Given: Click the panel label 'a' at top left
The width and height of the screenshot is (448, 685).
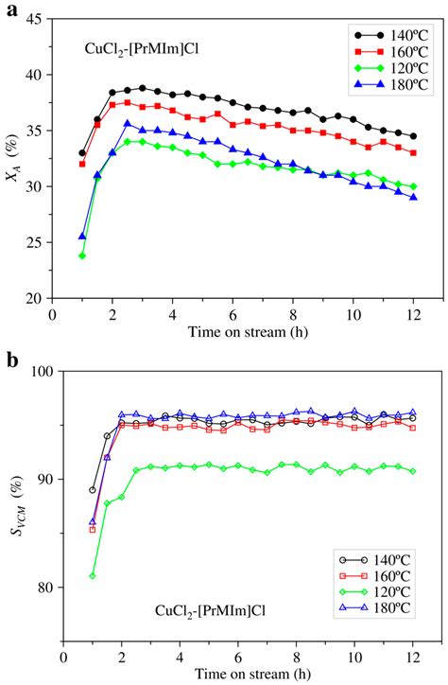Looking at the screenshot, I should click(x=11, y=12).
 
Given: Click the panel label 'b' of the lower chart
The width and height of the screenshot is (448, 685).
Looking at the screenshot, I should click(x=11, y=361).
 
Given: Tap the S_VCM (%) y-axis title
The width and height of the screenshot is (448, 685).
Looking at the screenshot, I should click(x=13, y=505).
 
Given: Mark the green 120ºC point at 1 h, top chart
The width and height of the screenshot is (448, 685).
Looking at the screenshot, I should click(x=82, y=255).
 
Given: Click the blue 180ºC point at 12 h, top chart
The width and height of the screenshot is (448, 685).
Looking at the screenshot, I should click(x=413, y=197).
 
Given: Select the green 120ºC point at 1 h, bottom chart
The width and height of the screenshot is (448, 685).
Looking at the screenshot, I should click(x=92, y=575).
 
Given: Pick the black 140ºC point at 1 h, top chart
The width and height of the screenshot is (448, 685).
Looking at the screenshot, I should click(x=82, y=152).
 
